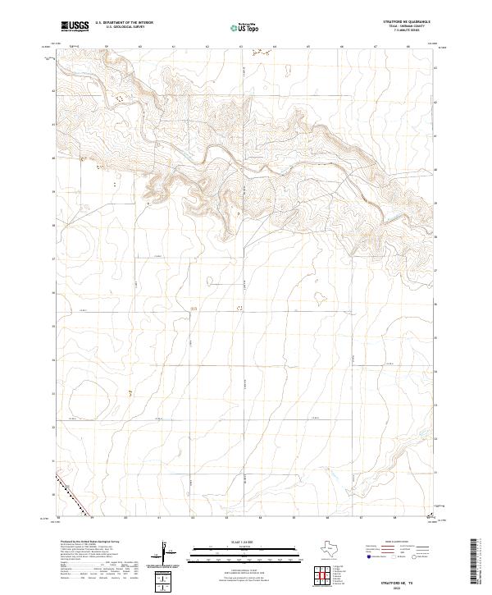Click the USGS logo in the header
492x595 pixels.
[x=75, y=27]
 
